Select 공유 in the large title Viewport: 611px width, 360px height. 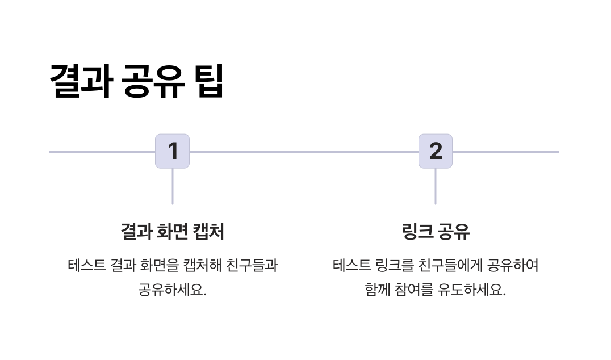[153, 82]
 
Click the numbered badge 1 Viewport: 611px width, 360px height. [173, 151]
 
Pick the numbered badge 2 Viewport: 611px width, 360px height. [436, 151]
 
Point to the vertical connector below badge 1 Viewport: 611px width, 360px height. [173, 186]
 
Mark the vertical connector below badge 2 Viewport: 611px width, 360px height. [436, 186]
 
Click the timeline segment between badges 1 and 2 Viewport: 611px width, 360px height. [304, 152]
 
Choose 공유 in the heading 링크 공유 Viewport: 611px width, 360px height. [454, 232]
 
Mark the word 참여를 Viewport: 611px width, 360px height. [413, 290]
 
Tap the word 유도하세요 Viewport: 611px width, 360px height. [472, 290]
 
